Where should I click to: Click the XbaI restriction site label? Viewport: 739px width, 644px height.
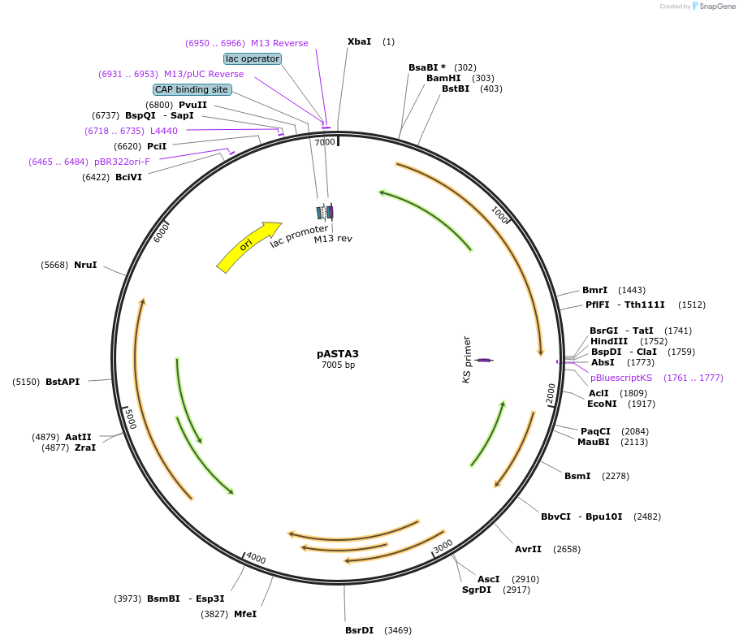pyautogui.click(x=359, y=41)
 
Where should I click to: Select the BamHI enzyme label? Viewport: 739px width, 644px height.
pyautogui.click(x=443, y=78)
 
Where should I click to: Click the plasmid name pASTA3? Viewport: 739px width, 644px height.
pyautogui.click(x=338, y=354)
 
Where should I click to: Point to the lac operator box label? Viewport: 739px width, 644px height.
pyautogui.click(x=253, y=58)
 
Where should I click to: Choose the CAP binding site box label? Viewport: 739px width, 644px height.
pyautogui.click(x=192, y=89)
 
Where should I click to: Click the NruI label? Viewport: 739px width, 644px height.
pyautogui.click(x=85, y=265)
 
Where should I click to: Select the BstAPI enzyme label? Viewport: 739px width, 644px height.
pyautogui.click(x=63, y=382)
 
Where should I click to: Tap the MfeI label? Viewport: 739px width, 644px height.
pyautogui.click(x=245, y=614)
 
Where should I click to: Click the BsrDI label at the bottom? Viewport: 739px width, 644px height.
pyautogui.click(x=359, y=630)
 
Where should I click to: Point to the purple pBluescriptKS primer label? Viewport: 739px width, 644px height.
pyautogui.click(x=621, y=378)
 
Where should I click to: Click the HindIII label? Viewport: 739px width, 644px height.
pyautogui.click(x=608, y=341)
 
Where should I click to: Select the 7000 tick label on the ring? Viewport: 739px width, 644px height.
pyautogui.click(x=325, y=142)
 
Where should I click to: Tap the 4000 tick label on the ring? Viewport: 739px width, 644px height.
pyautogui.click(x=256, y=558)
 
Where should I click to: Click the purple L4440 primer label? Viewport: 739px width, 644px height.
pyautogui.click(x=164, y=131)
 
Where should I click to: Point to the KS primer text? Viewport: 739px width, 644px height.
pyautogui.click(x=467, y=359)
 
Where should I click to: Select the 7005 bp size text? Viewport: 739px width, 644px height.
pyautogui.click(x=338, y=365)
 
